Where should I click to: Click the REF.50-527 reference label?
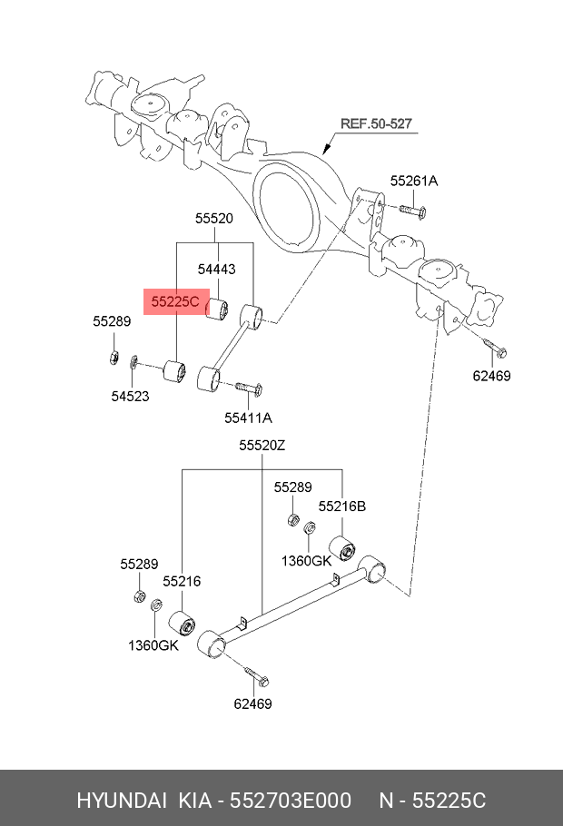click(375, 123)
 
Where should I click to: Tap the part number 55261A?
click(414, 182)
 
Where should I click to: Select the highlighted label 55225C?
click(174, 301)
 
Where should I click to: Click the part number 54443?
click(217, 270)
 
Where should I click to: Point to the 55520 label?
click(214, 219)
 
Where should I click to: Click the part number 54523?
click(131, 395)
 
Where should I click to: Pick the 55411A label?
click(249, 418)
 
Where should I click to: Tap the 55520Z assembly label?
click(262, 446)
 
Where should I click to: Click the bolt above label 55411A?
click(249, 388)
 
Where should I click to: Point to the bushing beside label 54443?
click(218, 309)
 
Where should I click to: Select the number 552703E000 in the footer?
click(291, 801)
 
